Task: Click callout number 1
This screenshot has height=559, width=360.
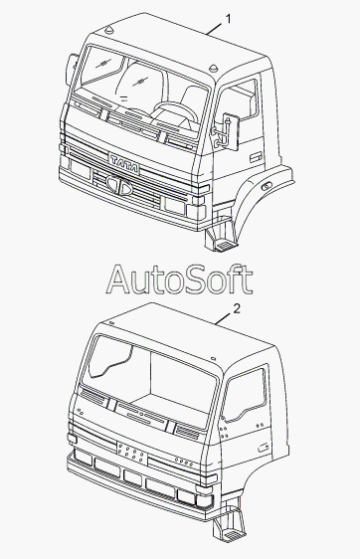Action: [x=228, y=19]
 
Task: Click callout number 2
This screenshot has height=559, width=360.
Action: [x=237, y=308]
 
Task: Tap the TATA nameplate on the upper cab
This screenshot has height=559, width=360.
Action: [x=124, y=164]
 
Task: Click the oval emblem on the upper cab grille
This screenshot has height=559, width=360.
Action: [x=119, y=185]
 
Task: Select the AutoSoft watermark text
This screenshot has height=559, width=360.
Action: [x=179, y=279]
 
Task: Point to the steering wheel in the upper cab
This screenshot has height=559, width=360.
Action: [x=175, y=111]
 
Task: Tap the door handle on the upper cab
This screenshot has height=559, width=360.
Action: [x=256, y=157]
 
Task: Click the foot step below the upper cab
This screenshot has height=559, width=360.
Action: [x=220, y=236]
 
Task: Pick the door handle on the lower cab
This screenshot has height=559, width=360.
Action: [x=264, y=448]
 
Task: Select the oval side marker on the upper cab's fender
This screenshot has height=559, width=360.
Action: [x=267, y=186]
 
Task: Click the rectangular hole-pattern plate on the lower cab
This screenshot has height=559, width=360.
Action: [x=132, y=454]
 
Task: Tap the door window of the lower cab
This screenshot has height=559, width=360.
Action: [x=245, y=395]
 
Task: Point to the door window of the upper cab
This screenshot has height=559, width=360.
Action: [x=237, y=102]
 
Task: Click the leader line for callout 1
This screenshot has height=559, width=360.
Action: [x=215, y=28]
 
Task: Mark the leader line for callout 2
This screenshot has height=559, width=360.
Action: [x=224, y=318]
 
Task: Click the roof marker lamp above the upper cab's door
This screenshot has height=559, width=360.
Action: [x=213, y=68]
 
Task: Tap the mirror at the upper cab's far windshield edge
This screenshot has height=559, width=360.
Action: [x=72, y=70]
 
